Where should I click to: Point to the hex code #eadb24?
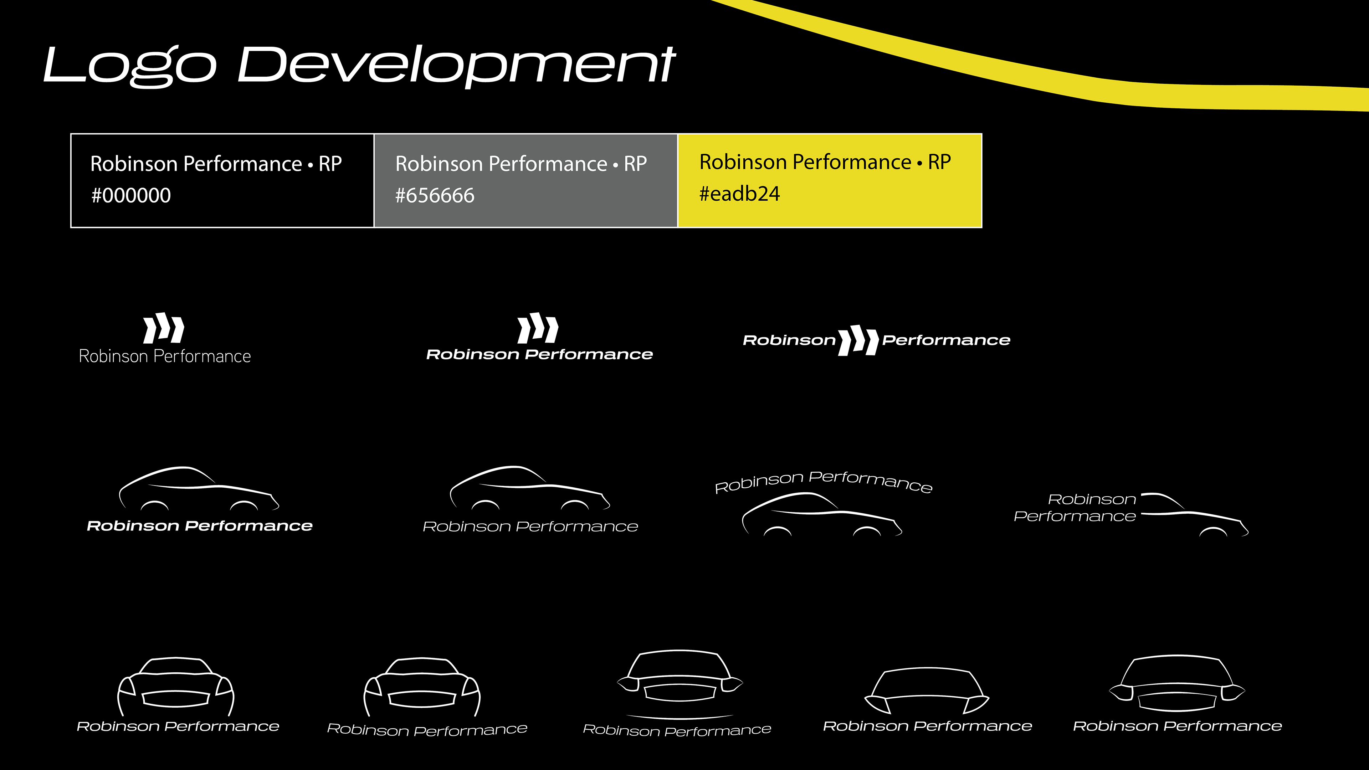click(x=739, y=194)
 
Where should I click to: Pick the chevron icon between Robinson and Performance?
click(x=858, y=340)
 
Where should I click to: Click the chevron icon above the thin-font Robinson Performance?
click(x=164, y=328)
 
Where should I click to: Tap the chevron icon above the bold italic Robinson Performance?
click(x=538, y=328)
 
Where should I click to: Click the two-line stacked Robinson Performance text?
click(x=1076, y=508)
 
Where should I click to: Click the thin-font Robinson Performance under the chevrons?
click(x=165, y=356)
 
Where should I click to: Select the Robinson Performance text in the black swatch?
click(x=196, y=164)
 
